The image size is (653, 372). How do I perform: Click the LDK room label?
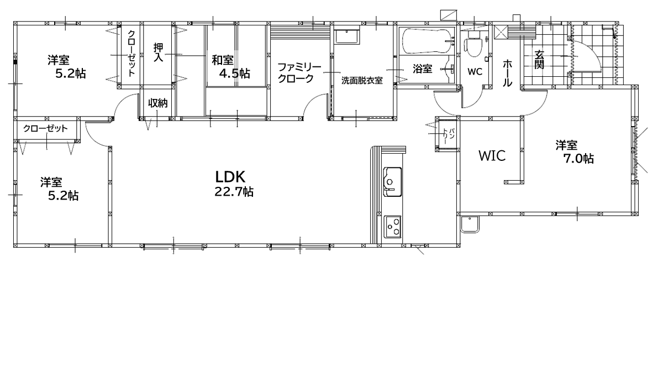point(230,177)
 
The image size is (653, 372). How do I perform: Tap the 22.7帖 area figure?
point(234,192)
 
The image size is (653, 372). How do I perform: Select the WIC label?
point(492,156)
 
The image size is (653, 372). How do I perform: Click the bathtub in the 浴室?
point(428,41)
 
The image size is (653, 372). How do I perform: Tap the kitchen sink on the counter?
point(392,181)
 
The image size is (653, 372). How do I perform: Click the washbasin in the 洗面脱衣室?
point(346,36)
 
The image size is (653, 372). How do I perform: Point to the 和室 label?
point(223,60)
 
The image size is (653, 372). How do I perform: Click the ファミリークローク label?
point(299,72)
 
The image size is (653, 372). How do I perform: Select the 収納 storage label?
point(158,103)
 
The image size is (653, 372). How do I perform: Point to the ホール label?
point(507,73)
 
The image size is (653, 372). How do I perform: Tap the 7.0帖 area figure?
point(578,159)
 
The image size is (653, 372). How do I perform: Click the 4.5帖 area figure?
point(235,74)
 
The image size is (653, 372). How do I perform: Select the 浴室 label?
point(422,69)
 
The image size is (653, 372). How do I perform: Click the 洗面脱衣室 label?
point(362,80)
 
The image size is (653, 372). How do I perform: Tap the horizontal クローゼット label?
point(45,128)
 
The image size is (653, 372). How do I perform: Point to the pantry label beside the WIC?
point(447,134)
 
